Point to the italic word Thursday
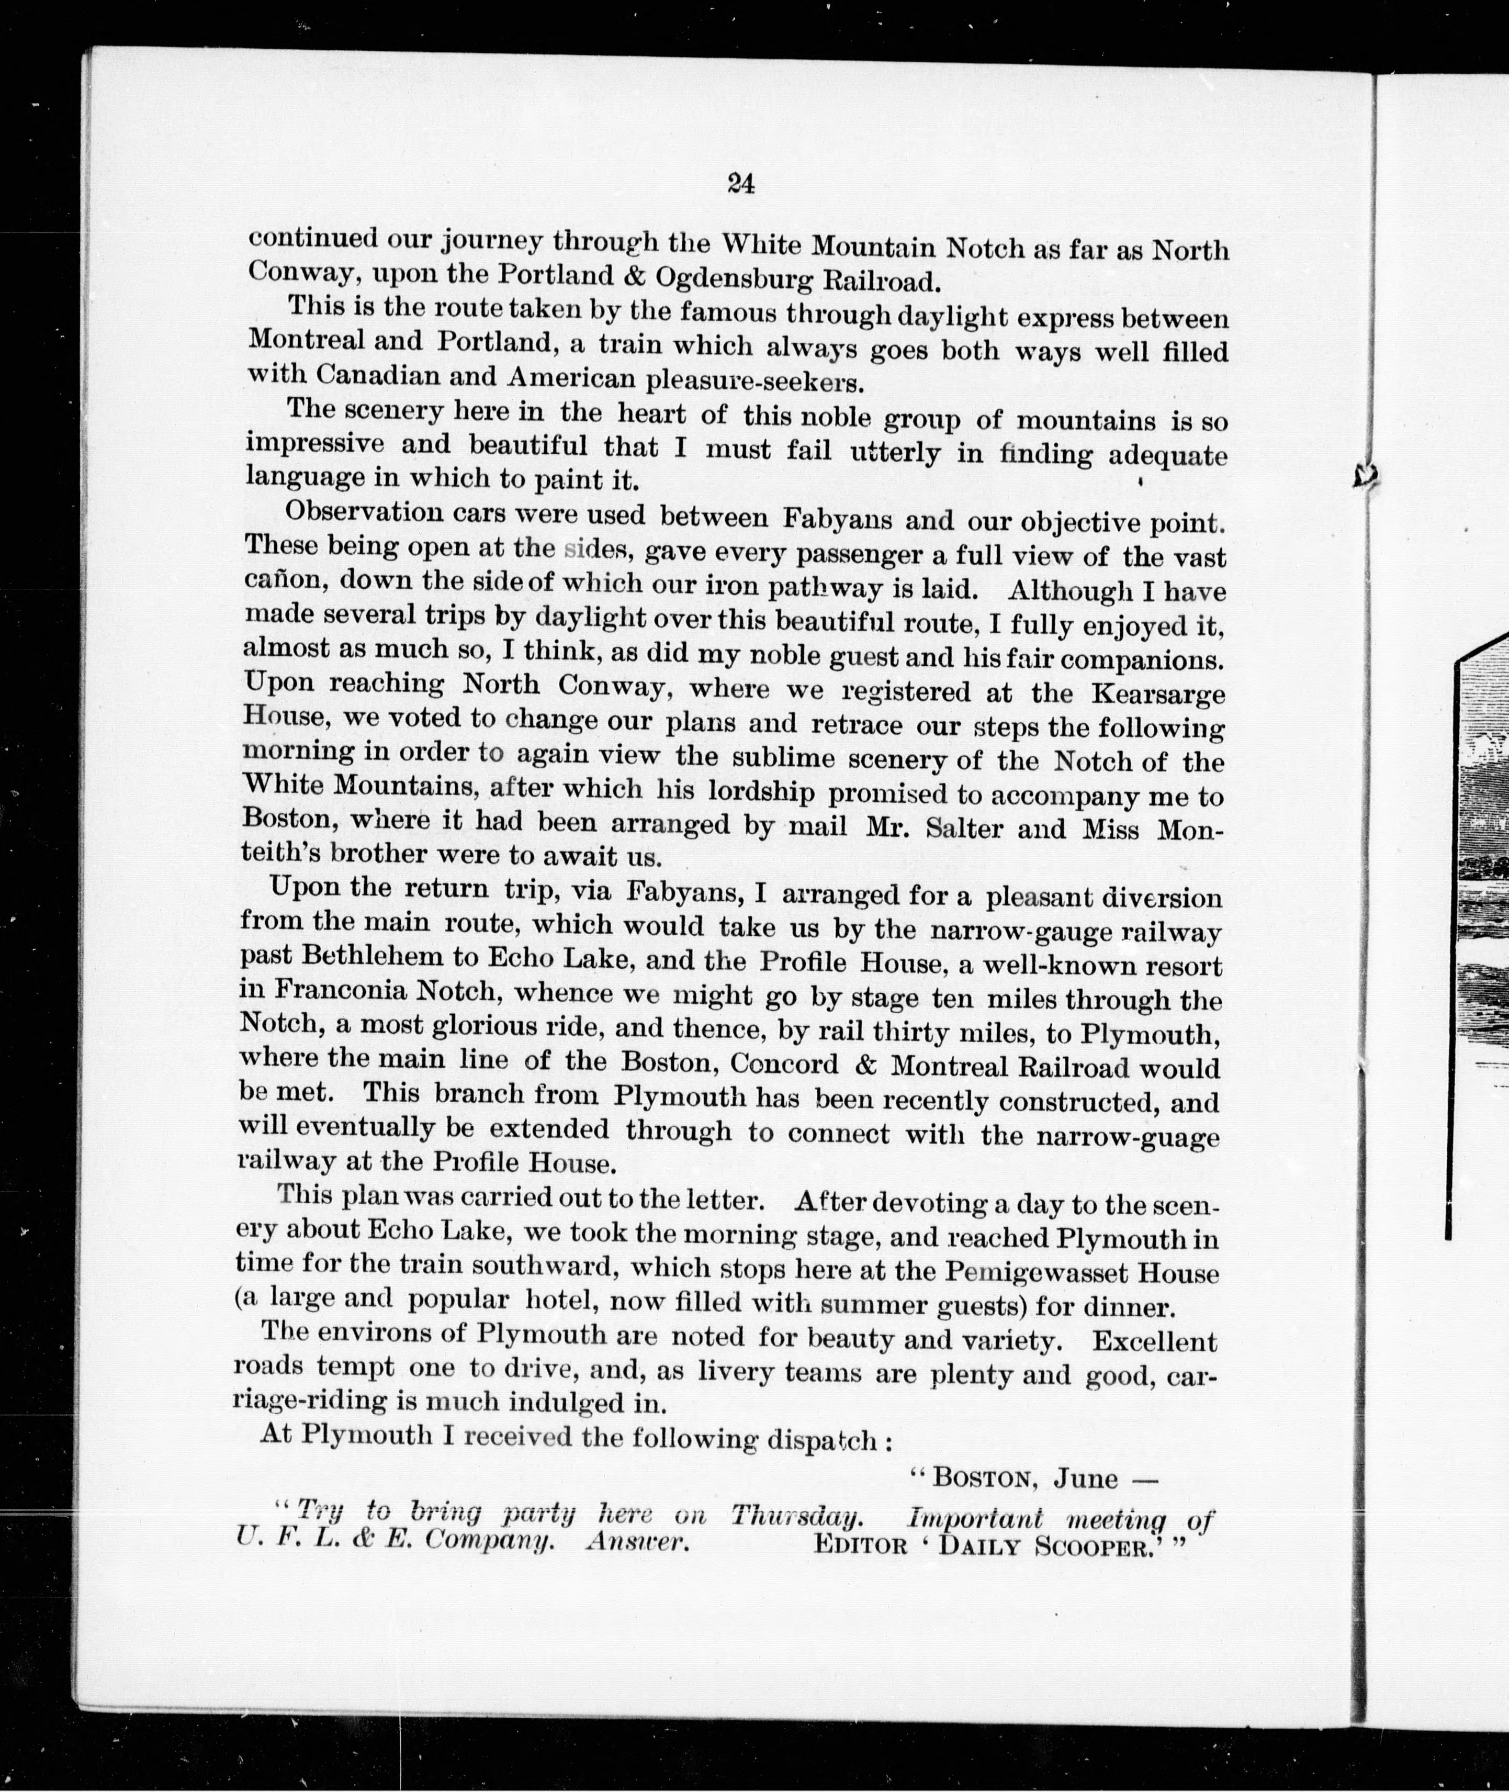point(795,1516)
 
